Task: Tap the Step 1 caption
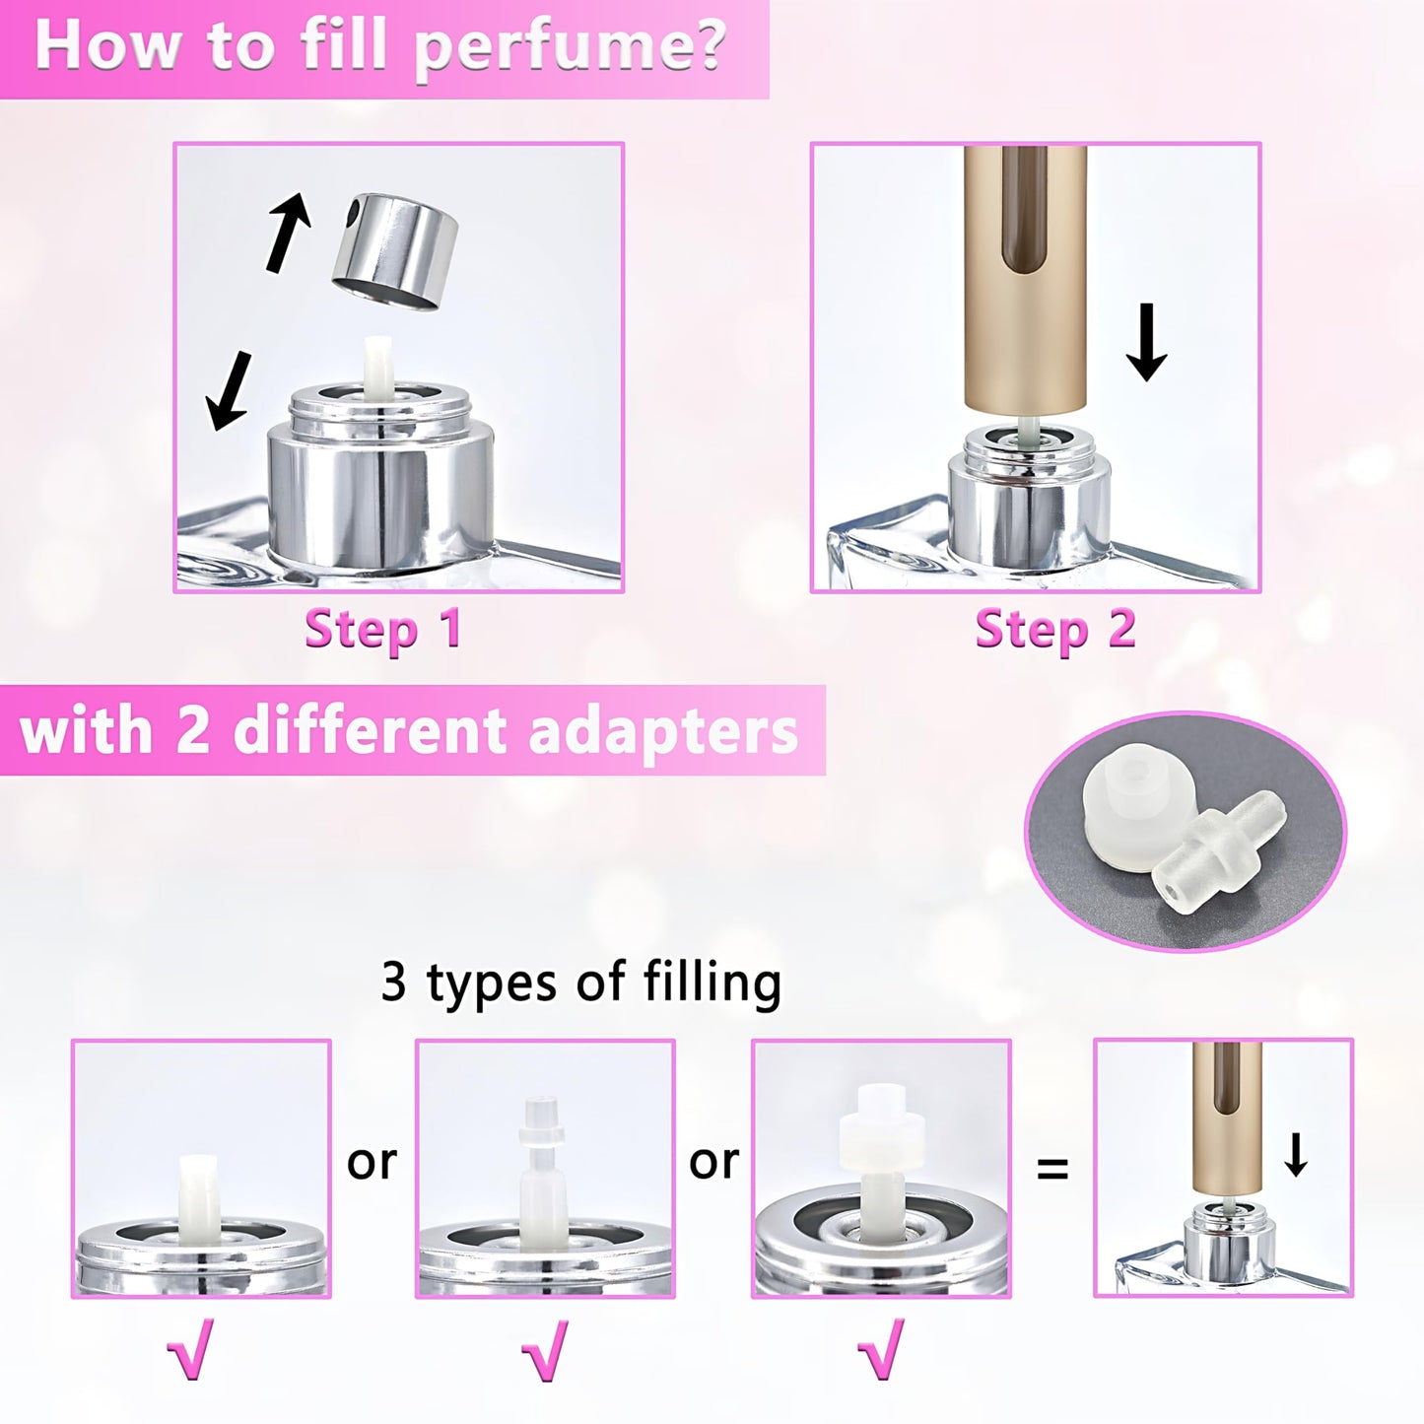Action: click(x=383, y=630)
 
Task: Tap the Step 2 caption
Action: click(x=1054, y=630)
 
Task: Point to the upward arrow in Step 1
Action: click(x=288, y=232)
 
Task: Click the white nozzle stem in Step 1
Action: click(x=378, y=367)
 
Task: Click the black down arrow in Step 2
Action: click(x=1145, y=341)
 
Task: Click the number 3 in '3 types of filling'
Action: click(x=394, y=983)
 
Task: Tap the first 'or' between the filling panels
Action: click(x=372, y=1163)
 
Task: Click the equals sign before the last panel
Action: click(x=1052, y=1169)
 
